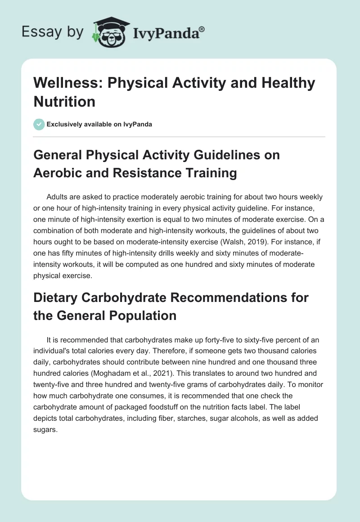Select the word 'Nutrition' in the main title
coord(64,101)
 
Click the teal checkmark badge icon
coord(39,124)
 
